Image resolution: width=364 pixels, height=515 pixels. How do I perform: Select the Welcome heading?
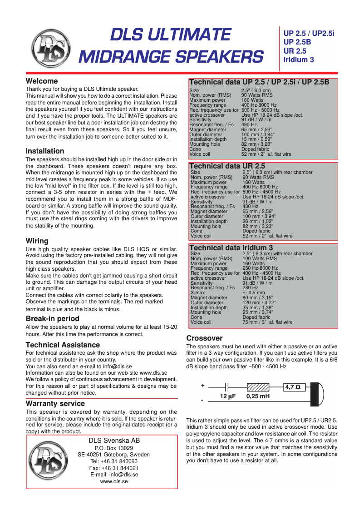coord(42,81)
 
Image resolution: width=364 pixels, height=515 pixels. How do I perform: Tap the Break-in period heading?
coord(52,319)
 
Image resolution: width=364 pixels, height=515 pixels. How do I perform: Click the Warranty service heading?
coord(55,403)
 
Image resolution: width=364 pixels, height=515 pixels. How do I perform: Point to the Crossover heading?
coord(204,338)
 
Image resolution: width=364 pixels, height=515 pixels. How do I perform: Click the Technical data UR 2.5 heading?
coord(227,166)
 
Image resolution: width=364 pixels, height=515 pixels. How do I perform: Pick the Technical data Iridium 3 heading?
coord(231,248)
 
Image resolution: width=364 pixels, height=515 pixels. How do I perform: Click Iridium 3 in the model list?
coord(299,59)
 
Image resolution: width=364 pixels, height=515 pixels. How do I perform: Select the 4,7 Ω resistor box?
coord(295,387)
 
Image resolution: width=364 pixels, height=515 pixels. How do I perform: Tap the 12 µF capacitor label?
coord(228,396)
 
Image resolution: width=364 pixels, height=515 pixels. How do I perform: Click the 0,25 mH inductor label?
coord(258,396)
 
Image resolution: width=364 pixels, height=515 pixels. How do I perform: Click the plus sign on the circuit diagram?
coord(202,386)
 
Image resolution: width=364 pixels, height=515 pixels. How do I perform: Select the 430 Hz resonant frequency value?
coord(250,207)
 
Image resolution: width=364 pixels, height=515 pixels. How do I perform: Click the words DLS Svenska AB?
coord(114,441)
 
